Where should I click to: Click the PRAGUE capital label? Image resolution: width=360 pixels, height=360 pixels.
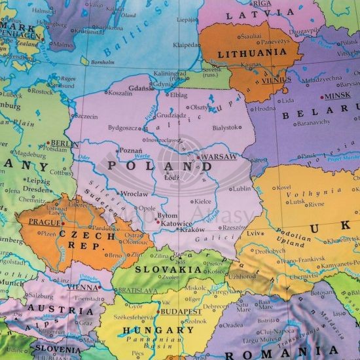pos(44,223)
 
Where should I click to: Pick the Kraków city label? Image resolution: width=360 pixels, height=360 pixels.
pos(192,230)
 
